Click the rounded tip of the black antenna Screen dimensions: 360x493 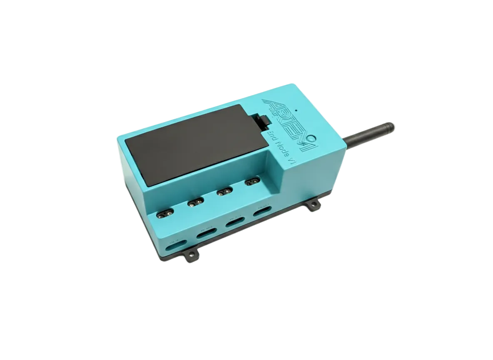391,126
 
